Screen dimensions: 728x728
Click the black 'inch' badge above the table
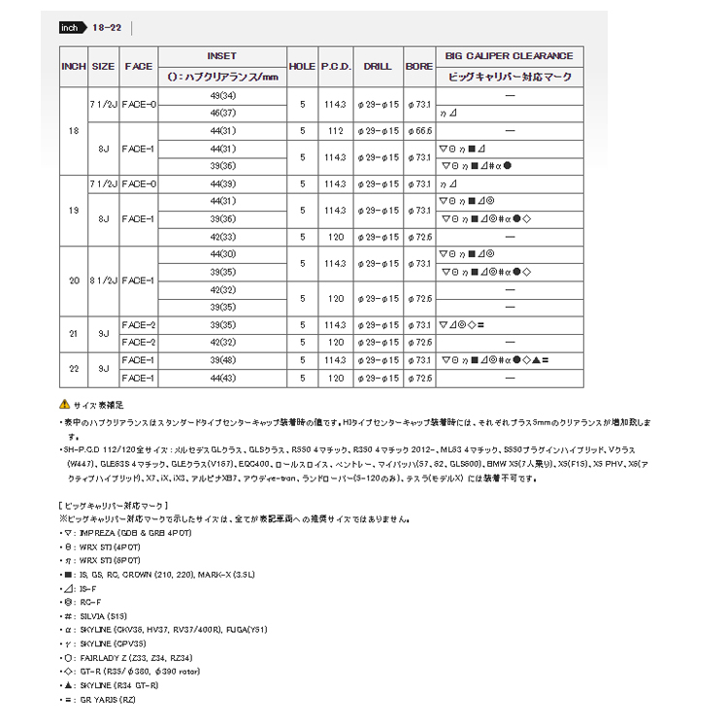pyautogui.click(x=71, y=28)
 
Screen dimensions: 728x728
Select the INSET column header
pyautogui.click(x=222, y=56)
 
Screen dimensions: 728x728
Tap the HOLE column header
pyautogui.click(x=303, y=66)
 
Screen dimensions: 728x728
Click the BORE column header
pyautogui.click(x=419, y=66)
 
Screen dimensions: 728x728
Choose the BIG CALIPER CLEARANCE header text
pyautogui.click(x=509, y=56)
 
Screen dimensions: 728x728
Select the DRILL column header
pyautogui.click(x=378, y=66)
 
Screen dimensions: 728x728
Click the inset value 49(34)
pyautogui.click(x=222, y=96)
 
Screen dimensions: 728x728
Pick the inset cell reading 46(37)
pyautogui.click(x=222, y=113)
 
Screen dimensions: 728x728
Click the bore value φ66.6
pyautogui.click(x=419, y=129)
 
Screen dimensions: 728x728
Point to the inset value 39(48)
pyautogui.click(x=222, y=360)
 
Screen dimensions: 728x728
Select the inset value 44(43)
pyautogui.click(x=222, y=377)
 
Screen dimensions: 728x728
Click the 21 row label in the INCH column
pyautogui.click(x=73, y=334)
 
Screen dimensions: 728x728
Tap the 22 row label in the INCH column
pyautogui.click(x=73, y=369)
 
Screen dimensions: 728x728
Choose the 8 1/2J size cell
pyautogui.click(x=104, y=281)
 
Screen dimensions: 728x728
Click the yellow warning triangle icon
pyautogui.click(x=64, y=403)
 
